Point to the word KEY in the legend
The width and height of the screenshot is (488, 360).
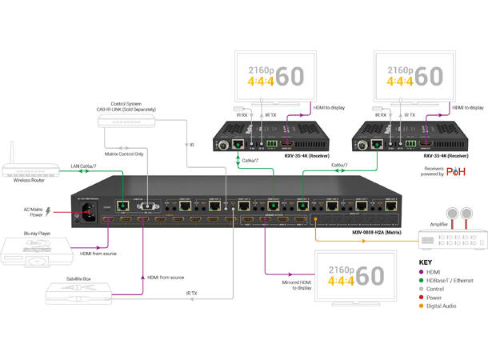[430, 262]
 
